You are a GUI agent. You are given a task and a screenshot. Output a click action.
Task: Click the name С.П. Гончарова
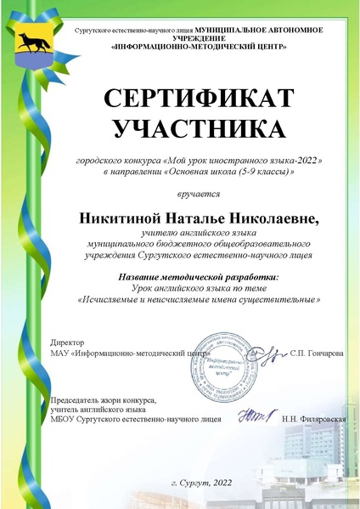(x=317, y=351)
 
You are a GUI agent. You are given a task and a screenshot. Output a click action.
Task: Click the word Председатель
(x=79, y=399)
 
